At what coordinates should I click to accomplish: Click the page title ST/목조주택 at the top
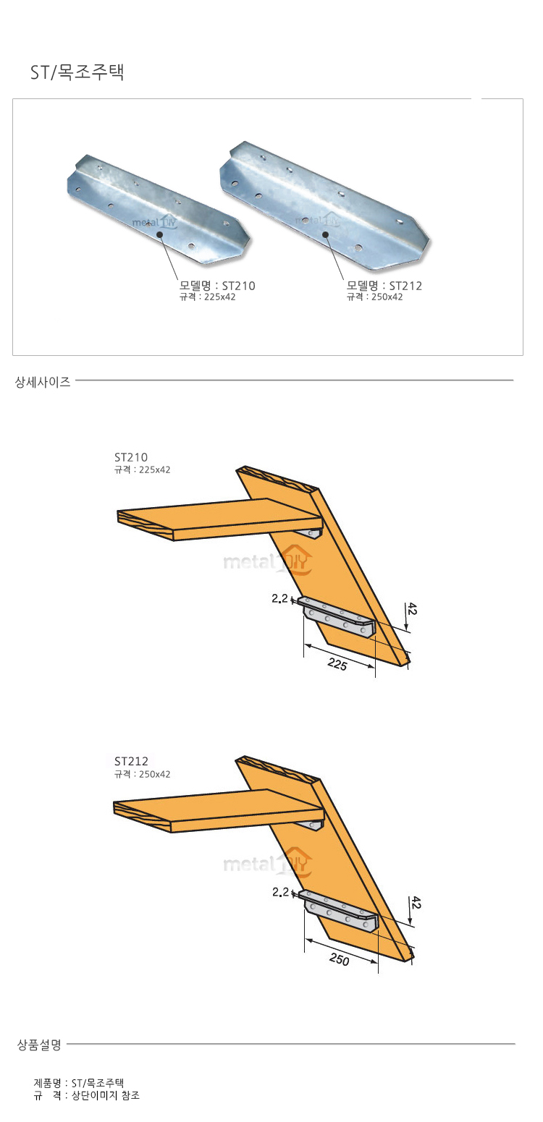click(x=77, y=72)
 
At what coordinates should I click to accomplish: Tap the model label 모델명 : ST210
click(x=217, y=286)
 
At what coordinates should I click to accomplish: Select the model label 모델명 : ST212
click(x=384, y=286)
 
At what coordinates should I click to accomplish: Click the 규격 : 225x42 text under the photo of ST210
click(x=207, y=297)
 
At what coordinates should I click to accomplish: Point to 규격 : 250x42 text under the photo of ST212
click(x=374, y=297)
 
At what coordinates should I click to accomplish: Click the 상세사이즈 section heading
click(x=43, y=382)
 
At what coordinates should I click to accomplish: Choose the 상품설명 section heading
click(x=39, y=1045)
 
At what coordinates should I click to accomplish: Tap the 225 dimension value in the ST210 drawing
click(x=337, y=664)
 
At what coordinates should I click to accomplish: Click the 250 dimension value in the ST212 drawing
click(x=340, y=959)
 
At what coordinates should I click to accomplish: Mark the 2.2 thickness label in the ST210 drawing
click(x=279, y=598)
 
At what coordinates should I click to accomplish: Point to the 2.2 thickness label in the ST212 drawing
click(x=281, y=892)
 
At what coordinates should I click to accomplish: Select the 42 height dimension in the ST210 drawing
click(x=412, y=609)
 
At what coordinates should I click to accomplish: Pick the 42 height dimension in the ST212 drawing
click(x=416, y=903)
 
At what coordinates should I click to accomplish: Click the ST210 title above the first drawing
click(x=131, y=457)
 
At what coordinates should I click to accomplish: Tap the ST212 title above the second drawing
click(x=131, y=761)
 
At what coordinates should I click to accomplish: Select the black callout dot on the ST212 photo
click(x=325, y=234)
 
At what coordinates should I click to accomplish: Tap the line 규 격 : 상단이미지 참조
click(x=86, y=1095)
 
